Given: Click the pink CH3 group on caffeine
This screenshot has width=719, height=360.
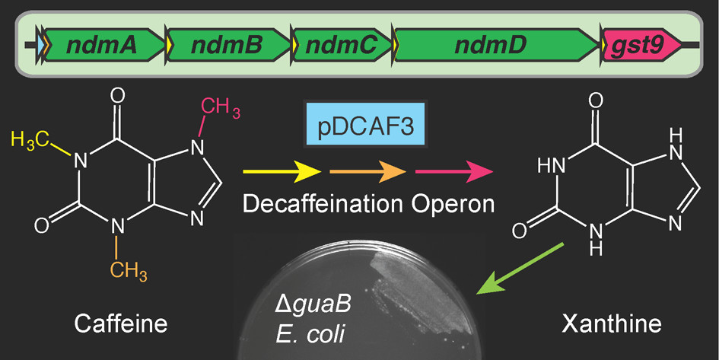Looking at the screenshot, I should coord(221,109).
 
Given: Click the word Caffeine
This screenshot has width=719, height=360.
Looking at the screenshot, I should coord(121,326).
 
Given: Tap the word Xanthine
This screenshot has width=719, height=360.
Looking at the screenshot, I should coord(611,326).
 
